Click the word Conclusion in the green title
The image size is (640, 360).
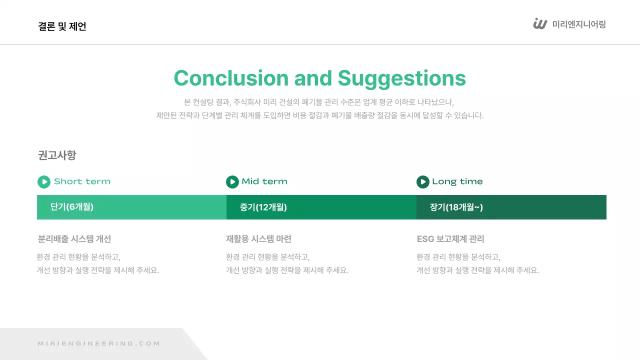click(x=231, y=78)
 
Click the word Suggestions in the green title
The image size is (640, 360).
click(x=401, y=78)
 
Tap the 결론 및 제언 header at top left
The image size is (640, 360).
click(x=62, y=26)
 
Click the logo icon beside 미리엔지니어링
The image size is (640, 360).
click(x=540, y=24)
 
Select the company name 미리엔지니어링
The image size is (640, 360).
click(x=579, y=24)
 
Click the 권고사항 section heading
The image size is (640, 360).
click(x=57, y=155)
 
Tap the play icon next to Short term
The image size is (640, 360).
click(x=44, y=182)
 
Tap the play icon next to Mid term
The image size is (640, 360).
click(x=232, y=182)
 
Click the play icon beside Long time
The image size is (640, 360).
click(x=423, y=182)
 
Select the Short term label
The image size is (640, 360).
click(x=82, y=181)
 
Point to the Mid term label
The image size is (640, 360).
click(x=264, y=181)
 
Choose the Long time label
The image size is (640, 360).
click(x=457, y=181)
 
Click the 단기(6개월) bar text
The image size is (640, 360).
click(x=72, y=207)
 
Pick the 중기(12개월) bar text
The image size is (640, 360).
click(x=263, y=207)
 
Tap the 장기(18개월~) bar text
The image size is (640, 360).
click(x=456, y=207)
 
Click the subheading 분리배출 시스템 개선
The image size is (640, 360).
click(x=74, y=239)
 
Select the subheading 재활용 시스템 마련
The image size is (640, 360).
click(x=258, y=239)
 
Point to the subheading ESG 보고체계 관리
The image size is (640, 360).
click(x=450, y=239)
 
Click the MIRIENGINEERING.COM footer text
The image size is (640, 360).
click(x=99, y=343)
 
